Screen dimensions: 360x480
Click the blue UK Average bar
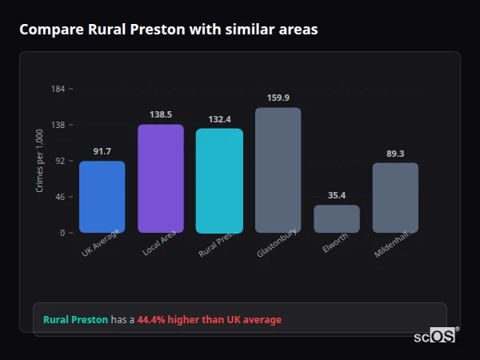click(x=102, y=197)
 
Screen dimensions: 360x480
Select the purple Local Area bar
click(x=161, y=178)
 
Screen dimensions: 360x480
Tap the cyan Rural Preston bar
click(x=219, y=181)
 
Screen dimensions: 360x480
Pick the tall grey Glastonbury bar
click(x=278, y=170)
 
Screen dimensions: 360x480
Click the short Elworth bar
click(x=336, y=219)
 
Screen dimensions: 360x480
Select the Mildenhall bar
click(x=395, y=198)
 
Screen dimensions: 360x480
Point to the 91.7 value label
click(x=102, y=151)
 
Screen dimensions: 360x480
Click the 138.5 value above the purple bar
click(x=161, y=114)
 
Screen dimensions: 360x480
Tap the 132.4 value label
click(x=219, y=119)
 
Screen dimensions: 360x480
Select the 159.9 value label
click(x=278, y=98)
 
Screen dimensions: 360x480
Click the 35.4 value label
click(x=336, y=195)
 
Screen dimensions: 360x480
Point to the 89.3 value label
click(x=395, y=154)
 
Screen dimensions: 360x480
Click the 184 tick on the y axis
click(x=58, y=89)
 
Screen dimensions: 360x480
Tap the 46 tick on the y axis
click(x=60, y=197)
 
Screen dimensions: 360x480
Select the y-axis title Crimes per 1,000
click(x=39, y=161)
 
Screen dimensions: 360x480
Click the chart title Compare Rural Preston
click(x=168, y=30)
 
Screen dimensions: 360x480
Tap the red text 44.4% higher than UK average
click(x=209, y=320)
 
